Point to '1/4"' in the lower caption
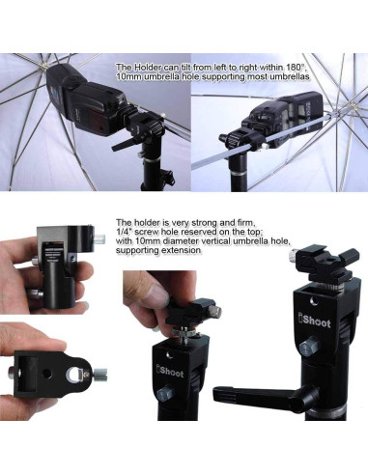123,232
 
